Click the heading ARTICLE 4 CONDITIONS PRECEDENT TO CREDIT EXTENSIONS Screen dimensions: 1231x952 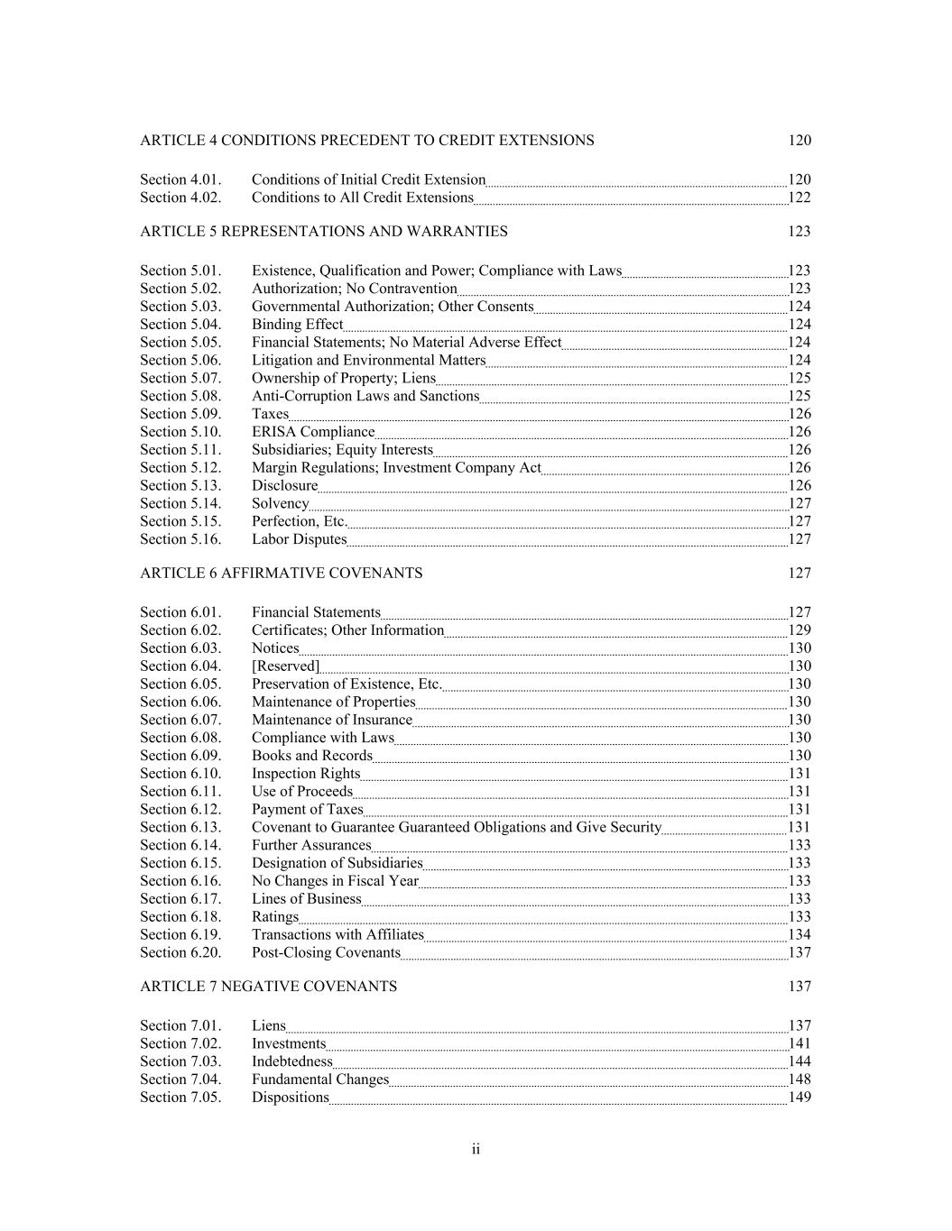pyautogui.click(x=366, y=141)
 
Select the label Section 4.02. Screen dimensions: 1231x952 pyautogui.click(x=180, y=198)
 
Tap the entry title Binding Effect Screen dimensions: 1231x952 pyautogui.click(x=297, y=325)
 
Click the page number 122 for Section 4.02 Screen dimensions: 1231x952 pyautogui.click(x=799, y=198)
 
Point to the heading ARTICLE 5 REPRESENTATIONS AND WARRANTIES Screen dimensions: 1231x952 pyautogui.click(x=324, y=232)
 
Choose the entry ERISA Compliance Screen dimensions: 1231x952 pyautogui.click(x=312, y=432)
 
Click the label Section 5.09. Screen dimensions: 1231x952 pyautogui.click(x=180, y=414)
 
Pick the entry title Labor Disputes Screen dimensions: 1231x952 pyautogui.click(x=299, y=539)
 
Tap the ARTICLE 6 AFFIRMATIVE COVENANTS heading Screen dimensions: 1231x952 pyautogui.click(x=281, y=574)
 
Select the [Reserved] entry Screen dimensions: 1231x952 pyautogui.click(x=285, y=666)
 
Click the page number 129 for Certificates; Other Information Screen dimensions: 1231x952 pyautogui.click(x=799, y=630)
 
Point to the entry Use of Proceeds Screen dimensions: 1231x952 pyautogui.click(x=302, y=792)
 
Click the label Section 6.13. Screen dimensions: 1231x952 pyautogui.click(x=180, y=827)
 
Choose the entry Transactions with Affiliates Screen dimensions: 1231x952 pyautogui.click(x=337, y=935)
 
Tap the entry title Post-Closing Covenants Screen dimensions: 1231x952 pyautogui.click(x=325, y=953)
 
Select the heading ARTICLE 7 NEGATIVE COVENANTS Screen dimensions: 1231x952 pyautogui.click(x=268, y=987)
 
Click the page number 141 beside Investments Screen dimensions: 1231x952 pyautogui.click(x=799, y=1043)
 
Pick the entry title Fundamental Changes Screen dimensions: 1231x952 pyautogui.click(x=319, y=1079)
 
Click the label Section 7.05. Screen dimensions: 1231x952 pyautogui.click(x=180, y=1098)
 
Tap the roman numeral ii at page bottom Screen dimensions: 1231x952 pyautogui.click(x=476, y=1149)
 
